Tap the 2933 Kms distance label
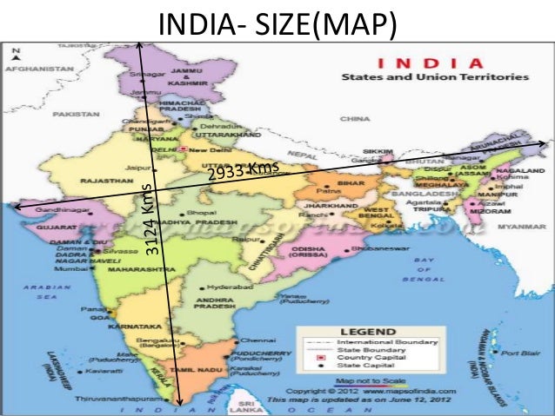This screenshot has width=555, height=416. coord(243,172)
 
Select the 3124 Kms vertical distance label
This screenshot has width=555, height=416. coord(150,221)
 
